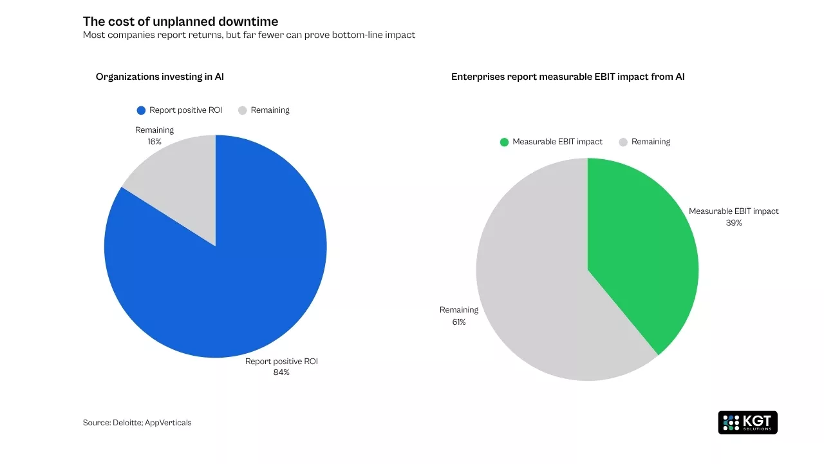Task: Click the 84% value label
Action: click(x=281, y=372)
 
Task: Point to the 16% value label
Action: click(x=154, y=141)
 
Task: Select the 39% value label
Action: click(x=734, y=223)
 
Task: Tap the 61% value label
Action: click(x=458, y=322)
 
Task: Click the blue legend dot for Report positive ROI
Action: click(x=141, y=110)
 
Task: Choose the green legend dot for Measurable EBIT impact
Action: click(x=504, y=142)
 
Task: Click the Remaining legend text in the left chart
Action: click(x=270, y=110)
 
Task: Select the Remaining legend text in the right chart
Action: click(x=650, y=142)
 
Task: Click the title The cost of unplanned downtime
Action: click(x=180, y=22)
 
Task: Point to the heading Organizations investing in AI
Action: click(x=160, y=77)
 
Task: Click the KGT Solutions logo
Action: click(x=747, y=423)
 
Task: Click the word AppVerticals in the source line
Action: click(x=168, y=423)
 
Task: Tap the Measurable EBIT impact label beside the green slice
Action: click(x=733, y=211)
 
